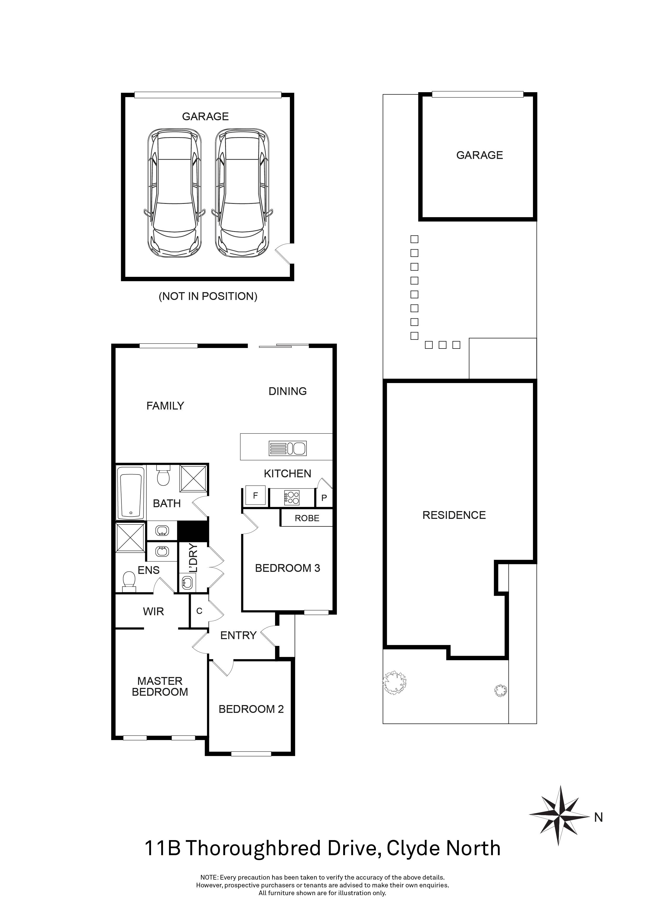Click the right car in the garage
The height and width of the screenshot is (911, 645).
click(242, 193)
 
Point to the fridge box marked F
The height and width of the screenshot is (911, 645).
click(255, 495)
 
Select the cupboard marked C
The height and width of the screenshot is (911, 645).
click(199, 611)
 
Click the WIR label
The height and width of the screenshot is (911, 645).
click(153, 611)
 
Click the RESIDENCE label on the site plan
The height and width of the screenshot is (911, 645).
click(454, 515)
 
